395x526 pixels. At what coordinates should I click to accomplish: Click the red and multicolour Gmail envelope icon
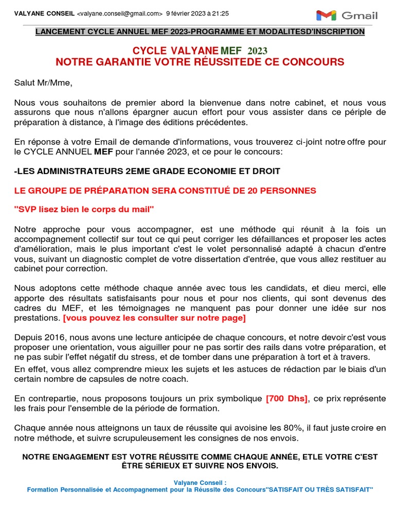[326, 15]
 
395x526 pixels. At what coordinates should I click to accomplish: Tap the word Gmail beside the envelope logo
[360, 15]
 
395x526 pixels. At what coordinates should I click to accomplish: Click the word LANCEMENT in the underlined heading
[59, 32]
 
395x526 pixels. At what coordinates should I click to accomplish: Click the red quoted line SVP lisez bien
[84, 210]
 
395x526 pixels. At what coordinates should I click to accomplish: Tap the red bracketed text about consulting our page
[154, 318]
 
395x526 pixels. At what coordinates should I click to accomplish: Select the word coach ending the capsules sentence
[176, 379]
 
